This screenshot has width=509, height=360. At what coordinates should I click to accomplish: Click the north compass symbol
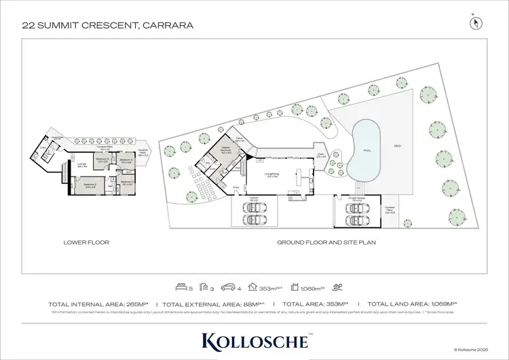(476, 22)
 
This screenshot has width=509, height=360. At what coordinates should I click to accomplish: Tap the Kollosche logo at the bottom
(254, 340)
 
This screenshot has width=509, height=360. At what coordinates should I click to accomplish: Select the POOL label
(367, 150)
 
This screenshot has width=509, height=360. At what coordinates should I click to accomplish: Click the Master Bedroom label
(226, 150)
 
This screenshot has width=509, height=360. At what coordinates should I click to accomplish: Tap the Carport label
(253, 199)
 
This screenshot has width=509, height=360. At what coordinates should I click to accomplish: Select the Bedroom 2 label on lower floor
(90, 184)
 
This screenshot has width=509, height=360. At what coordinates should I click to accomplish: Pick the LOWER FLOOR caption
(86, 242)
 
